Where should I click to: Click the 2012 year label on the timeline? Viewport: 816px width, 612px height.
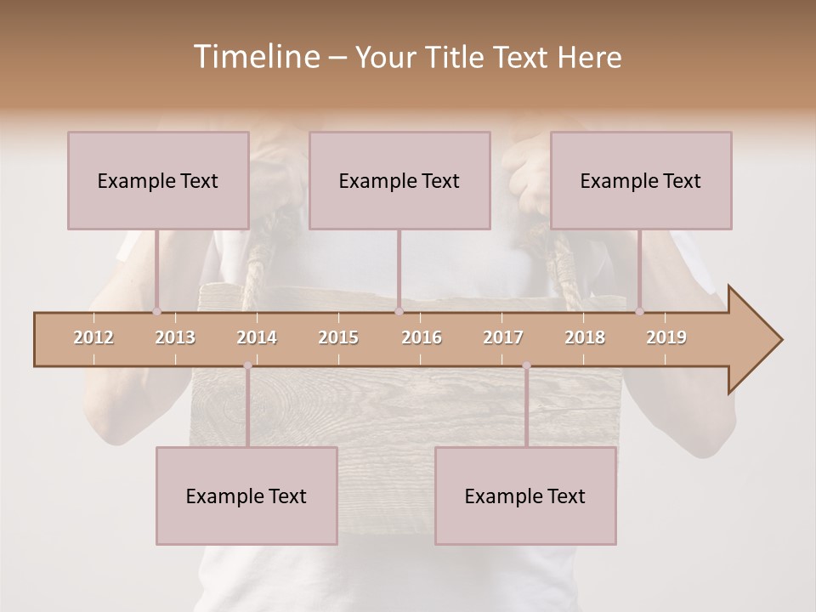click(x=93, y=337)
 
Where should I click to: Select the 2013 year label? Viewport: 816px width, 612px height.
click(x=175, y=337)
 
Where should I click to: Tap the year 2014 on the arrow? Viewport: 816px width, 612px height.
click(x=257, y=337)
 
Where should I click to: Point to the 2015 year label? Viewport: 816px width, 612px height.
click(x=338, y=337)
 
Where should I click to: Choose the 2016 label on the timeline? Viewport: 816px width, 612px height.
click(x=422, y=337)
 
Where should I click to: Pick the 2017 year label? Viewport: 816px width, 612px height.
click(x=503, y=337)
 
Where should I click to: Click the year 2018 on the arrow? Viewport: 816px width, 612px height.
click(x=585, y=337)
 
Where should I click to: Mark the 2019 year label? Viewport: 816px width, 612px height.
click(x=666, y=337)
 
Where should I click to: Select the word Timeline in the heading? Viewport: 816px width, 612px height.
click(x=255, y=57)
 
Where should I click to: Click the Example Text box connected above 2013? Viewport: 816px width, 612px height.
click(x=158, y=180)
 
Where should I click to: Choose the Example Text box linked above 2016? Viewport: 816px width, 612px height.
click(x=399, y=180)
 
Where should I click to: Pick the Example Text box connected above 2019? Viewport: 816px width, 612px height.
click(x=641, y=180)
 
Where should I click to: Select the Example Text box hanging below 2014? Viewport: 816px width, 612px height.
click(x=246, y=496)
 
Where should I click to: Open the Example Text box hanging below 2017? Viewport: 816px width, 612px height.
click(x=525, y=496)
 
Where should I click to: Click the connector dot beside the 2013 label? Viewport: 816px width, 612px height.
click(x=156, y=312)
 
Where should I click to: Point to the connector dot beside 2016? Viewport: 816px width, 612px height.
click(x=399, y=312)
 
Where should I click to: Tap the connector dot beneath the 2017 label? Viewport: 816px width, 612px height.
click(x=526, y=365)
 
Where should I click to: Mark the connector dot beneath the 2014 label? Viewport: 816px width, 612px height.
click(x=247, y=365)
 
